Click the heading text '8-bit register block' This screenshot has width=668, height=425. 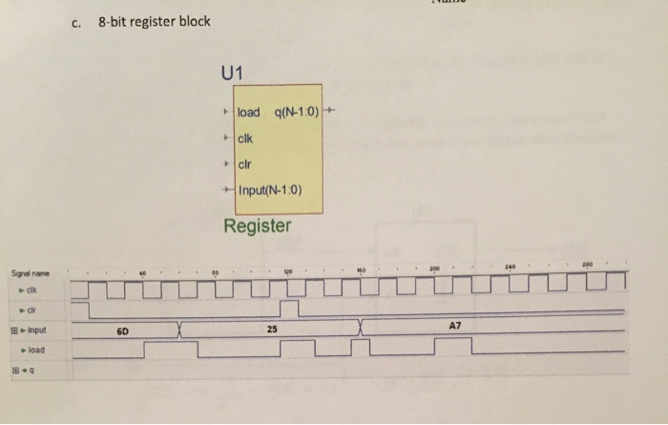[154, 21]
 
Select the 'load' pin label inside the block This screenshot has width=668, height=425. [248, 113]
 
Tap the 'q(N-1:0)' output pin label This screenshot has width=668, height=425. [298, 113]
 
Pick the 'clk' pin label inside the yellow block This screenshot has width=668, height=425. [246, 138]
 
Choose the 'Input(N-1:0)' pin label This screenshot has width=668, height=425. [269, 188]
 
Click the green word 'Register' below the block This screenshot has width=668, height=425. [258, 225]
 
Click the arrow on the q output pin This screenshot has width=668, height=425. [330, 113]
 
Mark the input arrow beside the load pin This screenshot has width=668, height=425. [226, 113]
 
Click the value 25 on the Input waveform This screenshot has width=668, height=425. [272, 329]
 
